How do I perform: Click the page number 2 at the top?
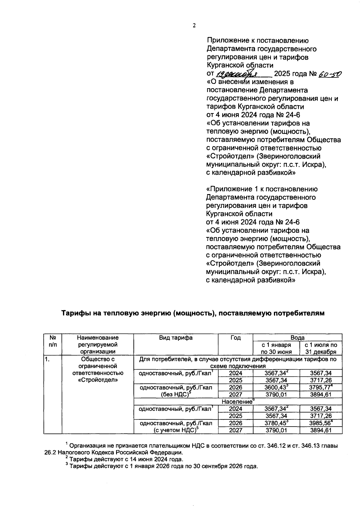tap(194, 25)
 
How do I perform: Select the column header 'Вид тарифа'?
tap(176, 338)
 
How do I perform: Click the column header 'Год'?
tap(235, 338)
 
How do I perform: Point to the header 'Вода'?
tap(297, 337)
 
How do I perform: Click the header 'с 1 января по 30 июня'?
tap(276, 348)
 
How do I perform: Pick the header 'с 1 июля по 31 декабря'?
tap(321, 348)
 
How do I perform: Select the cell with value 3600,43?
tap(276, 387)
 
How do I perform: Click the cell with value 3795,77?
tap(321, 387)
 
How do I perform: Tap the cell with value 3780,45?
tap(276, 423)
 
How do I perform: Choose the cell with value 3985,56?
tap(321, 423)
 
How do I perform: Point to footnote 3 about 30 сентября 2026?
tap(162, 466)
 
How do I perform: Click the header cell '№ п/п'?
tap(52, 341)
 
